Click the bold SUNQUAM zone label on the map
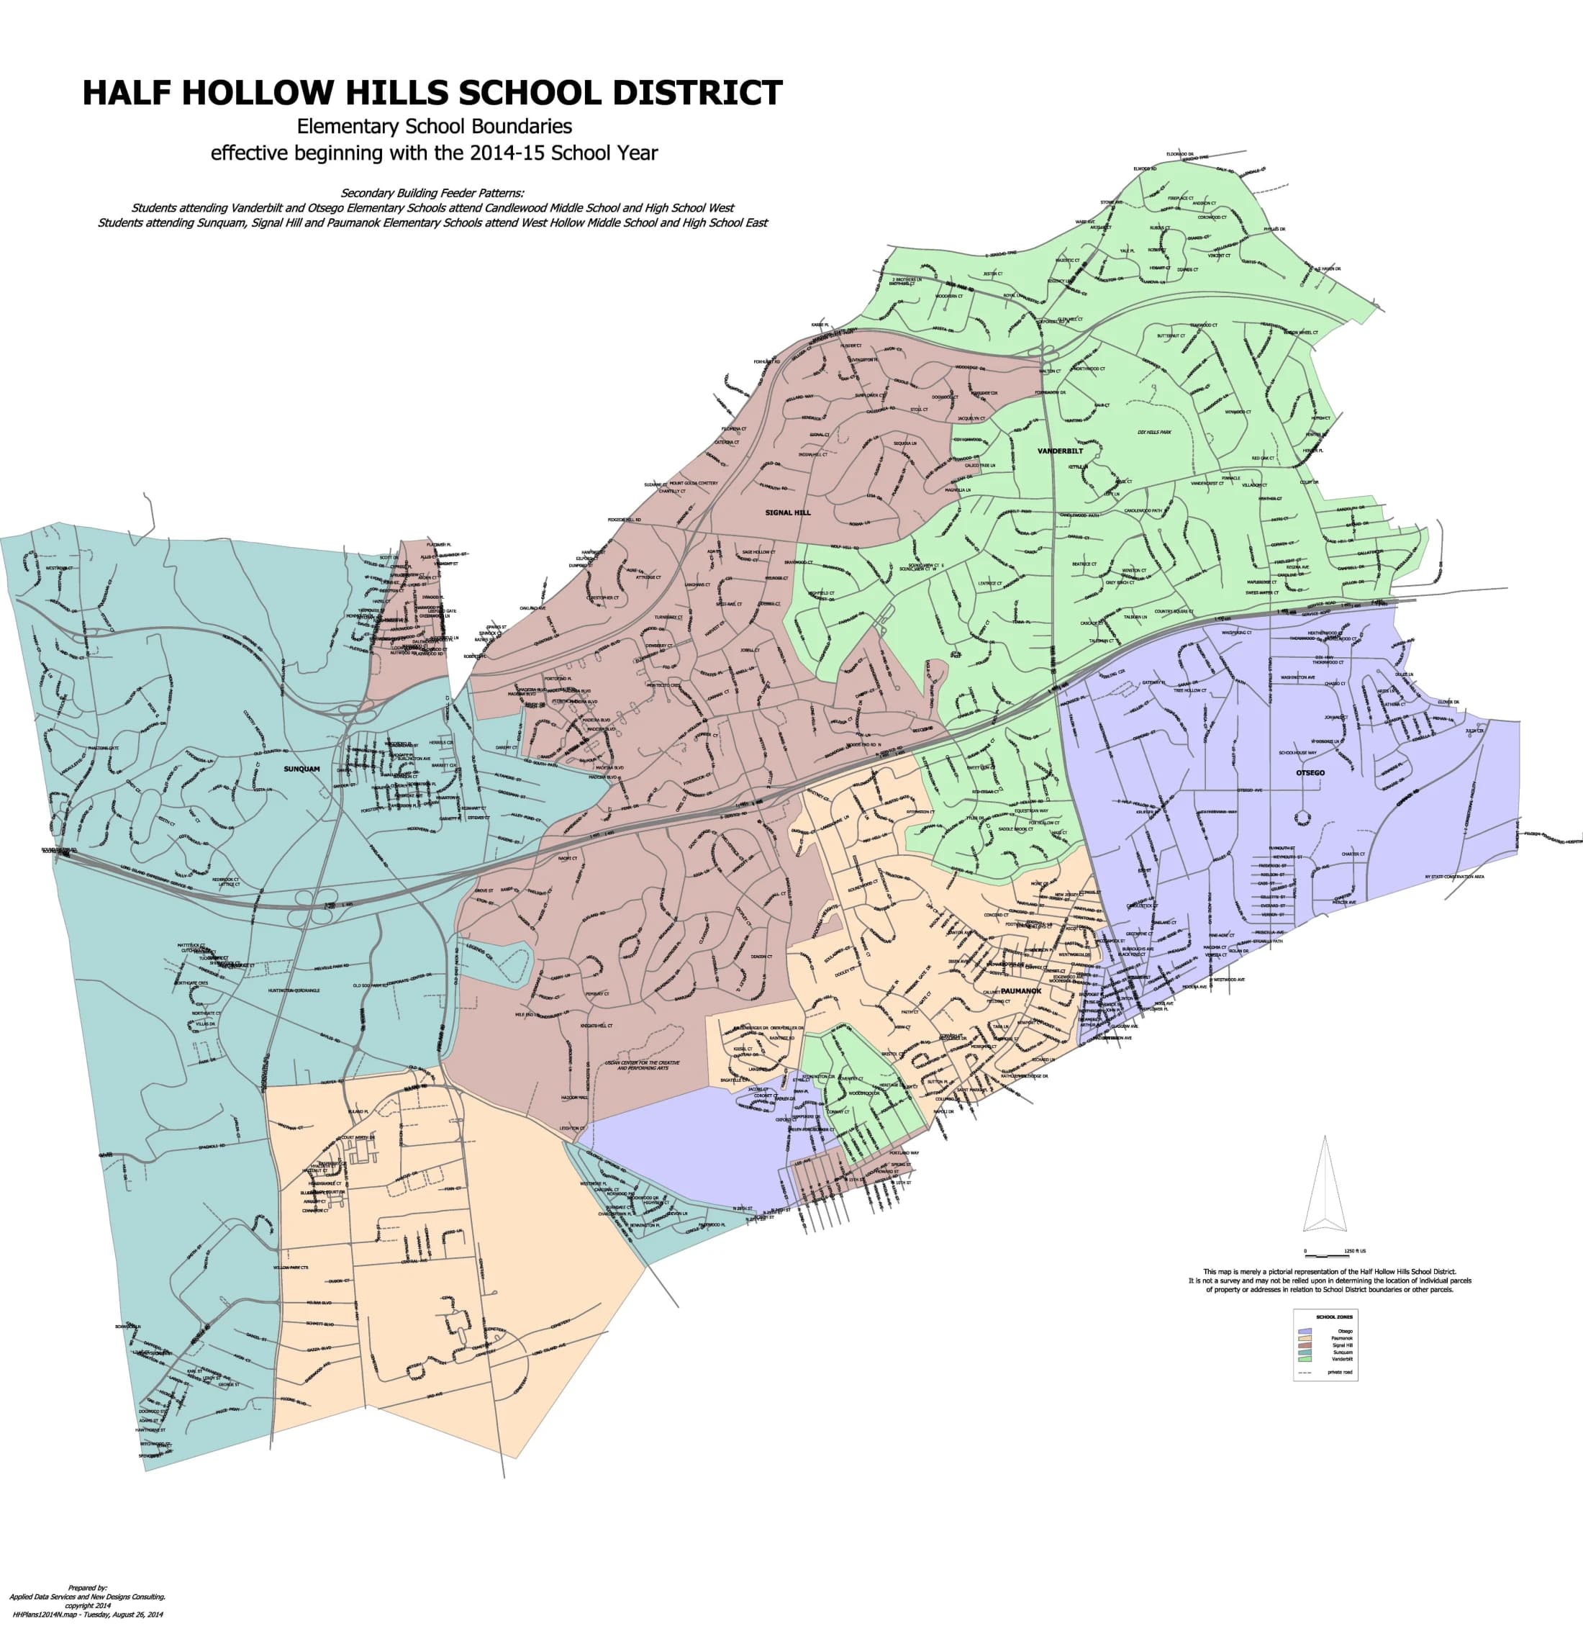[x=301, y=769]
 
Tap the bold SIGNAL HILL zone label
[x=787, y=513]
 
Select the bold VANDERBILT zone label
[x=1060, y=451]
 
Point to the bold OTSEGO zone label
[x=1310, y=772]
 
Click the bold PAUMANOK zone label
[x=1021, y=991]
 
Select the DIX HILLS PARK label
[x=1154, y=433]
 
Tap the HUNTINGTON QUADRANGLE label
[x=294, y=990]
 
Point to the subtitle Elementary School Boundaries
[x=434, y=127]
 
